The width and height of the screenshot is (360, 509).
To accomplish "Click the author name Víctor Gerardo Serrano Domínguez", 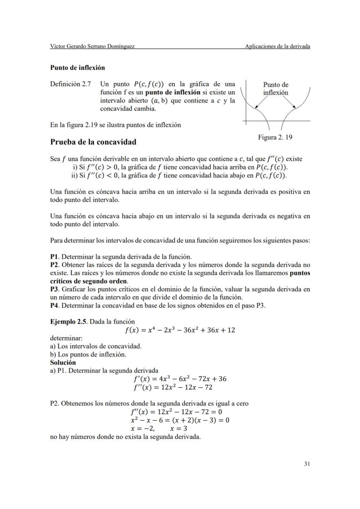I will coord(92,47).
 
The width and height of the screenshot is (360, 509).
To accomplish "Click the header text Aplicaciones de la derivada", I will coord(277,47).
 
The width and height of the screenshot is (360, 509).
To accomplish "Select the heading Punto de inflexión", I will coord(77,68).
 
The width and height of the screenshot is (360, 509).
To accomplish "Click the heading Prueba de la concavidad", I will coord(93,142).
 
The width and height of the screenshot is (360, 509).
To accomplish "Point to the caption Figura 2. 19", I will coord(275,137).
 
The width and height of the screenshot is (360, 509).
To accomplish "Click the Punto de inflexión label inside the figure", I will coord(276,89).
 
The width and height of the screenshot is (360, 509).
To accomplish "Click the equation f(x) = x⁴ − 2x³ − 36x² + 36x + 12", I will coord(180,330).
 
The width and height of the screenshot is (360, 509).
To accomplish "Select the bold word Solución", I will coord(63,363).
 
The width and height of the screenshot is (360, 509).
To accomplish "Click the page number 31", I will coord(307,464).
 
